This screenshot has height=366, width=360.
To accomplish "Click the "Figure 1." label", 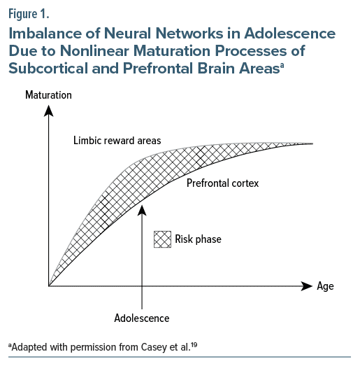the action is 29,14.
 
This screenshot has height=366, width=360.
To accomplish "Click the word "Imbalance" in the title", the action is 45,33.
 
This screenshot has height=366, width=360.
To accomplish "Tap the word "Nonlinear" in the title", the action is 94,50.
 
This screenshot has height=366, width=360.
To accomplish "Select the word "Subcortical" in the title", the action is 48,68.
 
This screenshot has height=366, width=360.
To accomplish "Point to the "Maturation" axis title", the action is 48,95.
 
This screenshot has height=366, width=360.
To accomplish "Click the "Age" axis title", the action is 325,286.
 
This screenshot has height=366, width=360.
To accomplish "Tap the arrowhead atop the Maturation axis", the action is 48,111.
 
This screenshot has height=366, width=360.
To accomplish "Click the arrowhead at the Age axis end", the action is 307,286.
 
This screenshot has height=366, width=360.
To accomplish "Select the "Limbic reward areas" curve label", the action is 117,141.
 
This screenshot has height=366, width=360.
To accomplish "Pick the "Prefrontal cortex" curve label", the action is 223,183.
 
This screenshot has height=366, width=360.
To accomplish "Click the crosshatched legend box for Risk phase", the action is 162,239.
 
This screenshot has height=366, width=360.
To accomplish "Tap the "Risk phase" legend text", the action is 198,239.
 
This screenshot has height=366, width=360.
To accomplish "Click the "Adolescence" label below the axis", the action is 142,318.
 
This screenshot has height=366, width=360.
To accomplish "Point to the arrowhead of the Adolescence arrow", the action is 142,210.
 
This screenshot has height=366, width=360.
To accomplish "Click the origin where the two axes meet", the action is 48,286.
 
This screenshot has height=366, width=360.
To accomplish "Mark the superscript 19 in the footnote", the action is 194,344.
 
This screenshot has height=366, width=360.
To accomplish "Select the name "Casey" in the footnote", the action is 154,348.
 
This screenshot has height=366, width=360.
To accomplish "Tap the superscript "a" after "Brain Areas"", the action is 282,65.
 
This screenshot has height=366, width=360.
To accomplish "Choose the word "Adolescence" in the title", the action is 290,33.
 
